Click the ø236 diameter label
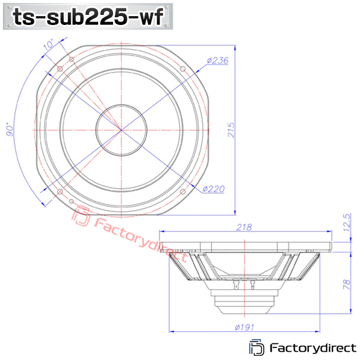(x=217, y=61)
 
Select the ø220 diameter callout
(x=213, y=189)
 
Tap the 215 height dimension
(x=231, y=130)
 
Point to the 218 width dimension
(x=244, y=227)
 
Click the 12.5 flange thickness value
(x=347, y=223)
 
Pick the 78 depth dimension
(x=347, y=284)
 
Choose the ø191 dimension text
(x=245, y=327)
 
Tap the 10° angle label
(x=48, y=45)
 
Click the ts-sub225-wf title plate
(x=88, y=16)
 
